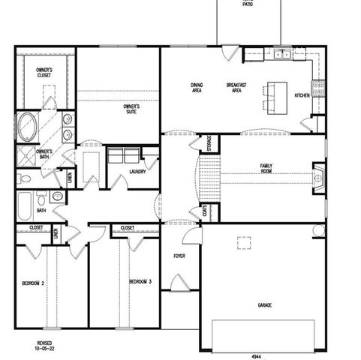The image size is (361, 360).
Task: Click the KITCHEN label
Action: (x=302, y=95)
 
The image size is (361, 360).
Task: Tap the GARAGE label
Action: (x=264, y=305)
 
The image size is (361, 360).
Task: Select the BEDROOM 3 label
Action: (x=140, y=281)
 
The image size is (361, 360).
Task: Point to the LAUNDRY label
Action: (x=137, y=172)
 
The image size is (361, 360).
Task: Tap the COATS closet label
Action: (x=203, y=213)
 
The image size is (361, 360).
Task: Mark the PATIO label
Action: (x=248, y=4)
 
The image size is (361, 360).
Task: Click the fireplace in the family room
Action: (x=318, y=179)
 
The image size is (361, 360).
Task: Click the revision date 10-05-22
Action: (x=46, y=349)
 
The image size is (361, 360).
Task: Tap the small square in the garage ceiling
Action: (x=245, y=241)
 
